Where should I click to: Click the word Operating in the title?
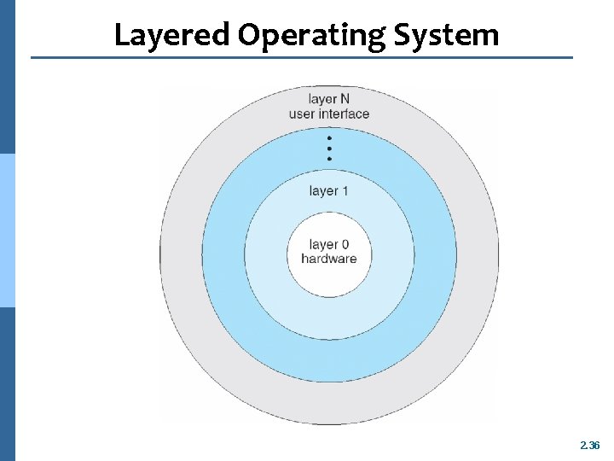click(313, 35)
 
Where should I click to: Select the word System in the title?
click(447, 35)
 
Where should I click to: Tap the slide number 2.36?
click(589, 446)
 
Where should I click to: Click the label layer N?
click(329, 99)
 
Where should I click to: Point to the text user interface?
click(329, 114)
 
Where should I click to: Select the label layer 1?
click(328, 190)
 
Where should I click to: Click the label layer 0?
click(328, 245)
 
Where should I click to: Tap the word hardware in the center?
click(328, 259)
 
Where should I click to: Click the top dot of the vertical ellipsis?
click(329, 137)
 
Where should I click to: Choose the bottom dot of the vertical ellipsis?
click(329, 158)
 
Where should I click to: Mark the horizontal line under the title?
click(302, 58)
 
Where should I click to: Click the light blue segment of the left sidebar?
click(7, 230)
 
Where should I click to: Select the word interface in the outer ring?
click(344, 114)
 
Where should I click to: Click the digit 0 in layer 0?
click(345, 245)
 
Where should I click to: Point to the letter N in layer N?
click(345, 99)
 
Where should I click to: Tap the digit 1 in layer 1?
click(345, 190)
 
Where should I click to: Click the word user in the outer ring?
click(302, 114)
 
